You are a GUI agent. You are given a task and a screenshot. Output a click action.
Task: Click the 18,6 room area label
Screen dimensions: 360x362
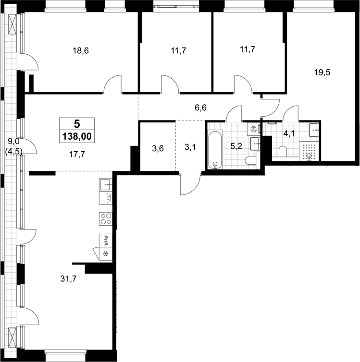(x=81, y=50)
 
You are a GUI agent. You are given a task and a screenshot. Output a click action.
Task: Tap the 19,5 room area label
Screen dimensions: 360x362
(x=323, y=72)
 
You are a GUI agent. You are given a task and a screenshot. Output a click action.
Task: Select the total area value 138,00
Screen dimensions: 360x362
(x=77, y=136)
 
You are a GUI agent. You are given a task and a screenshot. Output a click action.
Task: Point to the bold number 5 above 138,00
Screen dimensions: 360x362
(x=77, y=124)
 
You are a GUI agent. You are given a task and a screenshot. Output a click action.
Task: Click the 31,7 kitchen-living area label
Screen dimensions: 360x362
(x=68, y=279)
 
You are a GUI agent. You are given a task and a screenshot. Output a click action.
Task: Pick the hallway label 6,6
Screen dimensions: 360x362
(x=200, y=108)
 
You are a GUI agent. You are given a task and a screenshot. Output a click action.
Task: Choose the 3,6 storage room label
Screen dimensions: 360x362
(x=158, y=148)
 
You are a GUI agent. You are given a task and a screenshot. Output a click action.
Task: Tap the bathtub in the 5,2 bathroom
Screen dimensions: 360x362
(x=215, y=150)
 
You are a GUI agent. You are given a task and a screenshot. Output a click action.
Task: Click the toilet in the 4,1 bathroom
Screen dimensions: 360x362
(x=283, y=151)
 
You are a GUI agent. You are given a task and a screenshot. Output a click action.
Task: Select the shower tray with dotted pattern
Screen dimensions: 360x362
(x=309, y=151)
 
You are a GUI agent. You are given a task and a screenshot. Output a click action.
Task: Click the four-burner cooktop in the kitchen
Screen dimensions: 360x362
(x=106, y=218)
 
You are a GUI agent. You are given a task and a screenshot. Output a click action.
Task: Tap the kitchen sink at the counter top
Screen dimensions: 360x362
(x=106, y=185)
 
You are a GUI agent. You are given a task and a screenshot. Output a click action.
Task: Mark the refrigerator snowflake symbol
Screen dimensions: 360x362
(x=106, y=254)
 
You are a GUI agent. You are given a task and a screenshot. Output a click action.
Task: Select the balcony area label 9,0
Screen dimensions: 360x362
(x=12, y=141)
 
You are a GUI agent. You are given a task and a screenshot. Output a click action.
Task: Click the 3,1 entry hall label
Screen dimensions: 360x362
(x=190, y=147)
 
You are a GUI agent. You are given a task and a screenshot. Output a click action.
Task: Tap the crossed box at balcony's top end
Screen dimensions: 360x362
(x=12, y=24)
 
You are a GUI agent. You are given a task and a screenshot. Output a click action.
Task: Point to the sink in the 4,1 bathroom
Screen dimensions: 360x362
(x=314, y=130)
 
